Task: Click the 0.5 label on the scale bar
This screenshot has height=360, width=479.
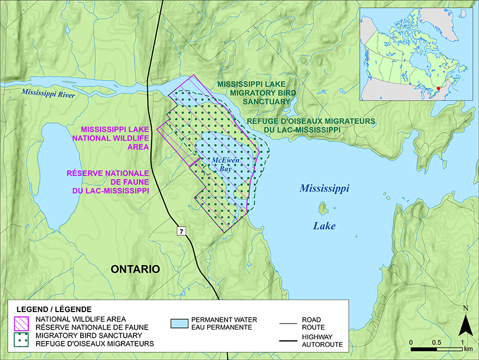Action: pos(436,341)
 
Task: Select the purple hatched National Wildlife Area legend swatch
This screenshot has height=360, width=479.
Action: pos(21,322)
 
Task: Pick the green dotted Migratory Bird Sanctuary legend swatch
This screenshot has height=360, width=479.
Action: pos(21,340)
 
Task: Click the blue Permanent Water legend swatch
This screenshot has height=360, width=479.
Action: pos(180,322)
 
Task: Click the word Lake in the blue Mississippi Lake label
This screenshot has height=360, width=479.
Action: pos(324,225)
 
